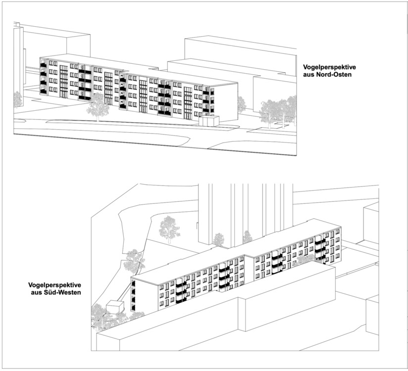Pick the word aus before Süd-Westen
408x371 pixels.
34,293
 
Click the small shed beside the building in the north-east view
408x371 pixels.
207,121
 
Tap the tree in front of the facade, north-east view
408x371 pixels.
98,104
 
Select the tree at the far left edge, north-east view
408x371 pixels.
18,99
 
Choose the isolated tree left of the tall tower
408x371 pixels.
169,229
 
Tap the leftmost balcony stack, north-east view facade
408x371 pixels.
44,78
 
